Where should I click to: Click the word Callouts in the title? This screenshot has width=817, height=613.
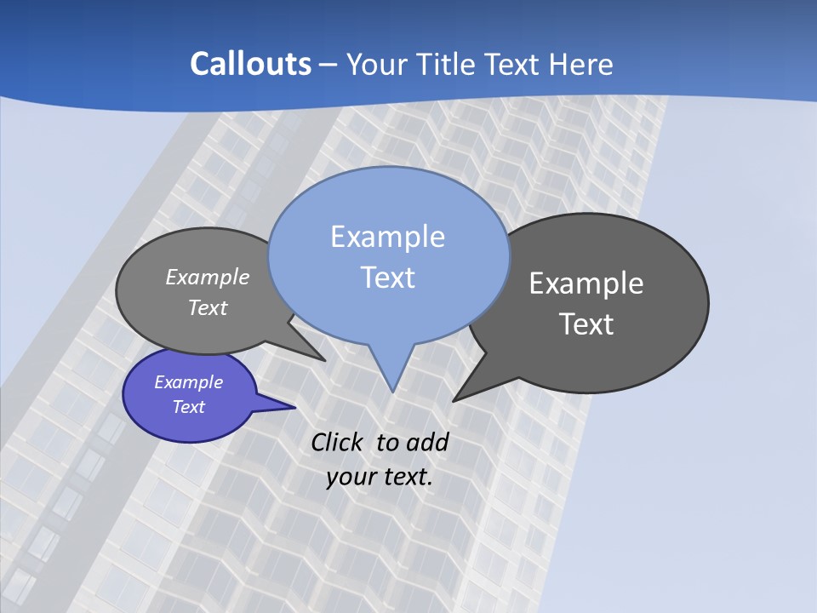click(250, 64)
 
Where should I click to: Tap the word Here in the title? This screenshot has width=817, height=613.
click(582, 64)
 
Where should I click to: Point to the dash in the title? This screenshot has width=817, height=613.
click(329, 66)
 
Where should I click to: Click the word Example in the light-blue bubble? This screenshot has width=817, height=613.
click(387, 237)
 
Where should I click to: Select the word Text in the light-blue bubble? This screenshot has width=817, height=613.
click(387, 278)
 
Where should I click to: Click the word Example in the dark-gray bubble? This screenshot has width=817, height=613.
click(586, 284)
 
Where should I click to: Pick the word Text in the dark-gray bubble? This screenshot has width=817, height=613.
click(586, 324)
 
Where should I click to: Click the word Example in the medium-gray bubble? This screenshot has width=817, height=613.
click(208, 278)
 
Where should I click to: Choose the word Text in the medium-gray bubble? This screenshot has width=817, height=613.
click(208, 307)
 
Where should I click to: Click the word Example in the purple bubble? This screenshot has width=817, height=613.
click(189, 382)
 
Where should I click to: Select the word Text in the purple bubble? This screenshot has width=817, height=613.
click(189, 407)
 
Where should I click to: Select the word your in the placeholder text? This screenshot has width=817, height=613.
click(350, 477)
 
